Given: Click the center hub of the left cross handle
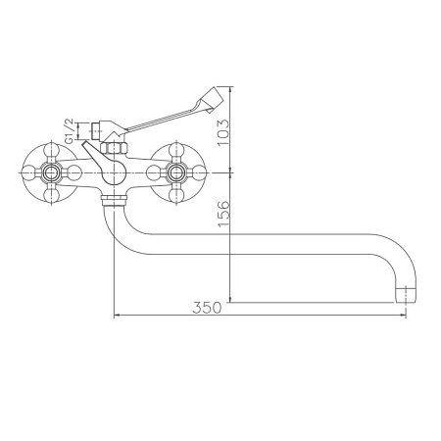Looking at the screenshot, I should (49, 171).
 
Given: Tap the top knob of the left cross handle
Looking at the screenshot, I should (49, 146).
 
